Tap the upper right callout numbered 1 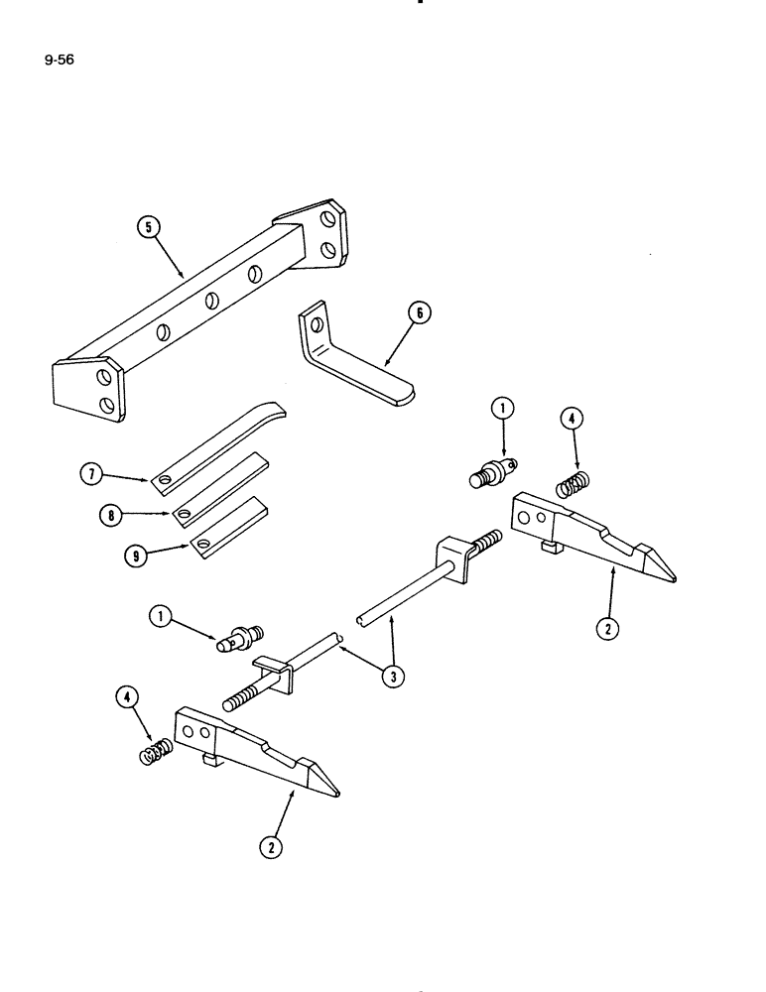pyautogui.click(x=504, y=408)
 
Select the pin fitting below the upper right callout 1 pyautogui.click(x=489, y=471)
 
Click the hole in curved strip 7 pyautogui.click(x=164, y=481)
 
